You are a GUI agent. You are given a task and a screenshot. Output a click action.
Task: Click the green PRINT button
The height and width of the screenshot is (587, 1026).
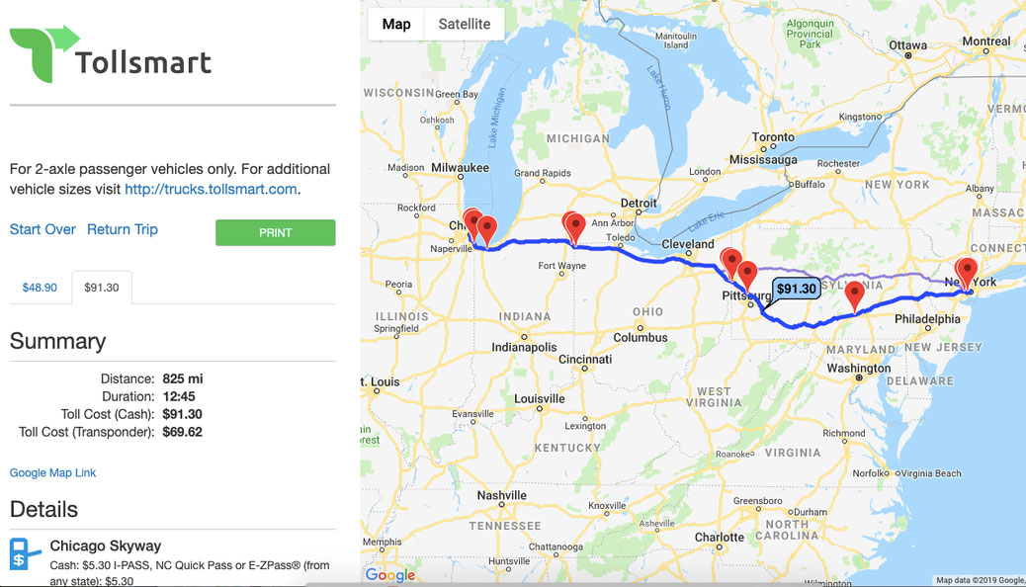tap(276, 232)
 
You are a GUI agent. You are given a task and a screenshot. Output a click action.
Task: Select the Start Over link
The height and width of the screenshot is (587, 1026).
tap(43, 229)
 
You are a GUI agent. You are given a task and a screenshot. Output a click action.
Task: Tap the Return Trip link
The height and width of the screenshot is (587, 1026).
tap(123, 229)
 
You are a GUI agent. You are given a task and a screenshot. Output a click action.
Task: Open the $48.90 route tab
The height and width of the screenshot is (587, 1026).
tap(40, 288)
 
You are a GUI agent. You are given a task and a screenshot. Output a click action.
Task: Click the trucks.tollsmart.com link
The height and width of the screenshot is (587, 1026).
tap(211, 189)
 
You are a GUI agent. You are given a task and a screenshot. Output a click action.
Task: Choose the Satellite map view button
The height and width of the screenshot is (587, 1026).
tap(465, 24)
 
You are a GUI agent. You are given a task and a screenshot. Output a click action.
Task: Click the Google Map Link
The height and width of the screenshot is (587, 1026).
tap(52, 473)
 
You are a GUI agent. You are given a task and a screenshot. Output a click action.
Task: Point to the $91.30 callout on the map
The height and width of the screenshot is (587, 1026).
tap(797, 289)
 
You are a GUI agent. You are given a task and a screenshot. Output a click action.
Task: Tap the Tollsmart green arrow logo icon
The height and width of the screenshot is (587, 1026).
tap(43, 52)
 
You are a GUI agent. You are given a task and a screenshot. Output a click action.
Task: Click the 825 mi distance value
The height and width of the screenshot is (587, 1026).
tap(183, 378)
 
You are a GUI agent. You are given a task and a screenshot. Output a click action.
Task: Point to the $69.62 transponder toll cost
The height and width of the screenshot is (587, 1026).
tap(182, 432)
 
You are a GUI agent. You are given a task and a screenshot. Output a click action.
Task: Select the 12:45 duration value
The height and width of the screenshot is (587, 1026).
tap(179, 396)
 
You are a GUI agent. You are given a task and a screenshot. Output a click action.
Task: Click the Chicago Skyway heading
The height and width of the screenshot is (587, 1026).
tap(105, 545)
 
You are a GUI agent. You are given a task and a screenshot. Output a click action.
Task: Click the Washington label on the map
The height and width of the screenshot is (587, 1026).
tap(859, 369)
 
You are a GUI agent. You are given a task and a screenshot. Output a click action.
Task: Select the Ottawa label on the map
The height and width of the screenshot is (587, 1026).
tap(907, 45)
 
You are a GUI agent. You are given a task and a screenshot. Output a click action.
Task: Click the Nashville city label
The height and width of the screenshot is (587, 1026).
tap(501, 495)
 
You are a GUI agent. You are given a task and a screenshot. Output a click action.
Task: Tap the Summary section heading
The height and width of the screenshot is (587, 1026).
tap(57, 341)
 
